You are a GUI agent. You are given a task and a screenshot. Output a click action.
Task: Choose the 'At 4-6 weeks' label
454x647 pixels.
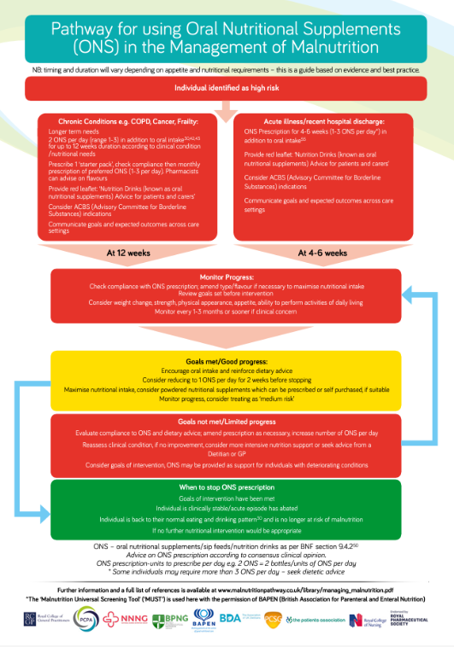[x=321, y=253]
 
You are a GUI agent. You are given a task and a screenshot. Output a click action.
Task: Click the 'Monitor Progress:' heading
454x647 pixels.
[x=225, y=277]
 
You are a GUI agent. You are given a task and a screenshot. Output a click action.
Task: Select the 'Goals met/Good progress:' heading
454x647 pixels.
[x=225, y=363]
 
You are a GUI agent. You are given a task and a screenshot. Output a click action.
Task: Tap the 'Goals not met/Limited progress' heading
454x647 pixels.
[x=225, y=422]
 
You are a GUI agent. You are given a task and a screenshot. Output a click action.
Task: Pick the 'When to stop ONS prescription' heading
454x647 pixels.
[x=225, y=486]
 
